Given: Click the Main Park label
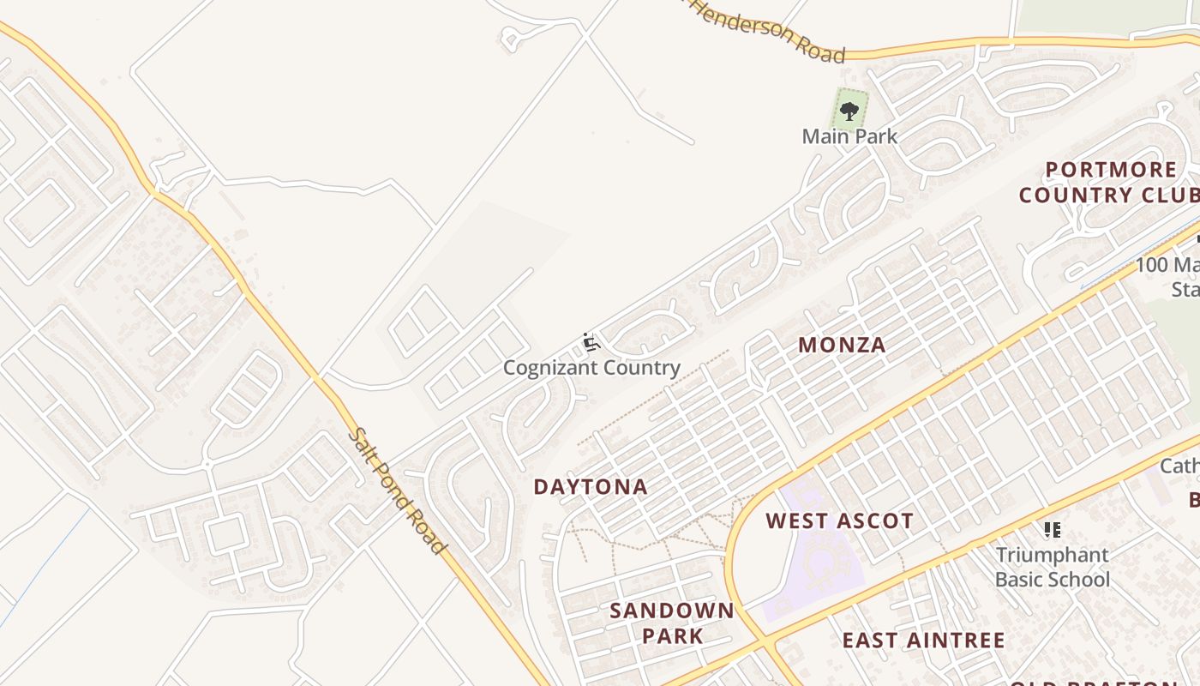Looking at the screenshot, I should (x=849, y=136).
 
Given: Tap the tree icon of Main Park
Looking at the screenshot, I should (x=849, y=111).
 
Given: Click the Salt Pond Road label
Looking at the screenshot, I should (x=399, y=490).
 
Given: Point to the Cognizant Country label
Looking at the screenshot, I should (x=591, y=369).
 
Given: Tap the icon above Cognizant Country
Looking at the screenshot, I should (x=591, y=343).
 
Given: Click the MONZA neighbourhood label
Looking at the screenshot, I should (x=842, y=346).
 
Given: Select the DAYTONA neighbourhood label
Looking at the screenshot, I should (x=591, y=487).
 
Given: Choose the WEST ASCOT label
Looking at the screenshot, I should (x=839, y=521).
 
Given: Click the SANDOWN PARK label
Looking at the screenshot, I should (x=672, y=623).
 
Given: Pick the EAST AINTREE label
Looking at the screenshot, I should (x=923, y=641).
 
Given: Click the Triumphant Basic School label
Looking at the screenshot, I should (x=1052, y=567).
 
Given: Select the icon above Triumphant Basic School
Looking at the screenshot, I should (x=1052, y=530).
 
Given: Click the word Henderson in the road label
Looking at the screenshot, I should (x=744, y=22).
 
